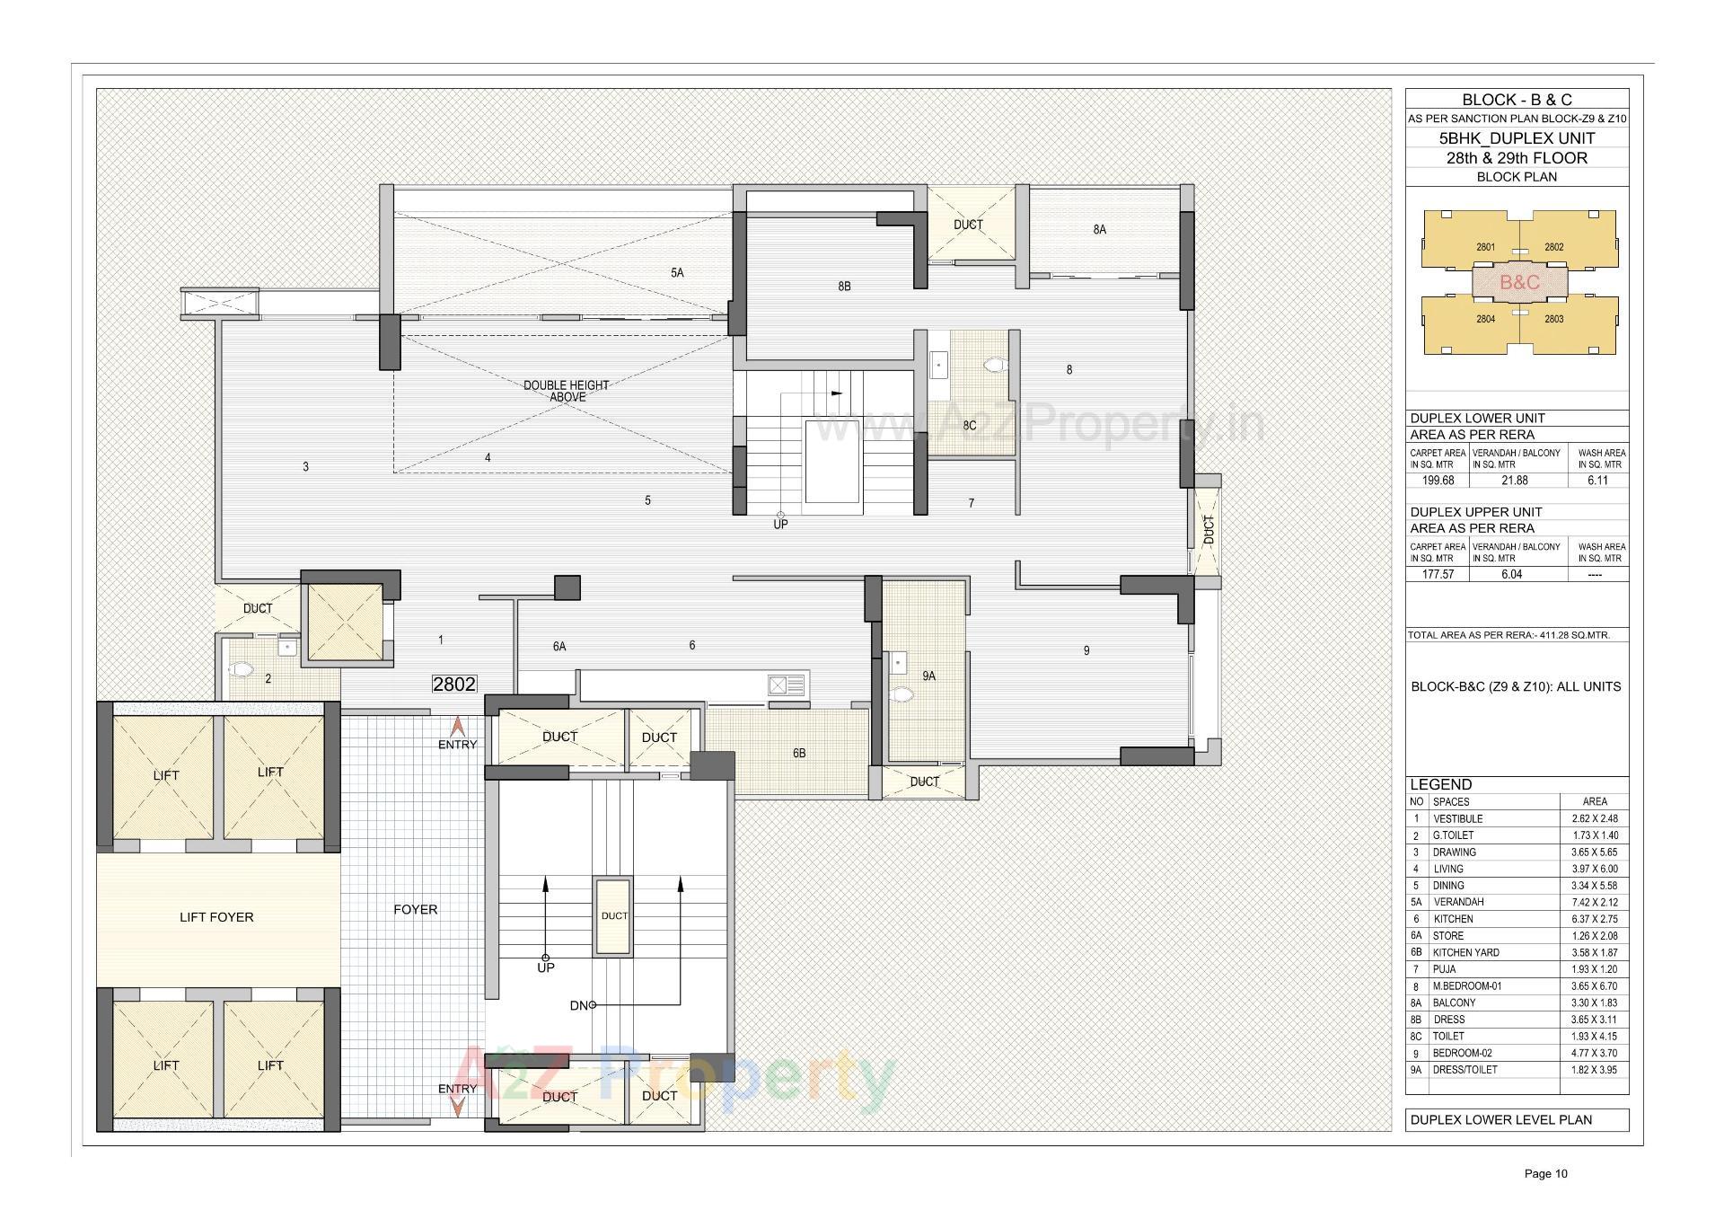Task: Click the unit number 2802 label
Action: (454, 684)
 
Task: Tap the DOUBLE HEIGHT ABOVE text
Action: (567, 391)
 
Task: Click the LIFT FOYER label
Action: (216, 917)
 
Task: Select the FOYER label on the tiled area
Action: (415, 910)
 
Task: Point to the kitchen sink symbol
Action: (787, 686)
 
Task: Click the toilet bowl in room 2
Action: (241, 670)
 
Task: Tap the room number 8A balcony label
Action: (1099, 230)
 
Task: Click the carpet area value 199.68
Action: (1438, 481)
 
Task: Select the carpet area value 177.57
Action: (1438, 574)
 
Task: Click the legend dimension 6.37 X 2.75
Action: (1594, 919)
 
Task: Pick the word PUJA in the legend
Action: (1445, 969)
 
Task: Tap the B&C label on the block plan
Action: (1519, 282)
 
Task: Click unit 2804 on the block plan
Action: (1485, 319)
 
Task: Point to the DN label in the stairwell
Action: (579, 1005)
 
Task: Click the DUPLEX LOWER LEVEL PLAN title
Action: (1500, 1120)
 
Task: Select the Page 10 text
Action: (1545, 1173)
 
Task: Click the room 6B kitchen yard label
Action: (799, 754)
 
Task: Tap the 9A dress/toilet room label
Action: (928, 676)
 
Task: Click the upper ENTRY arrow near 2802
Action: (457, 728)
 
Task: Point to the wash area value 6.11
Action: (1596, 481)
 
